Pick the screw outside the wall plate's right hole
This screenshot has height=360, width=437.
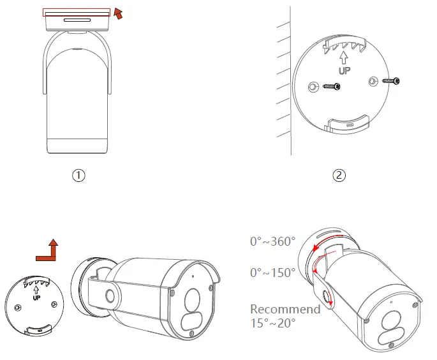(x=390, y=81)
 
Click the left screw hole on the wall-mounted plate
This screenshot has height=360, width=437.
(x=313, y=87)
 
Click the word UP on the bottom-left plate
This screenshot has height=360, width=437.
(x=36, y=297)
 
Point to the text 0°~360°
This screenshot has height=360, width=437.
(x=272, y=242)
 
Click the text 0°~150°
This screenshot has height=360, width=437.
(x=272, y=273)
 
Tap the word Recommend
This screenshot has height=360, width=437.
(x=285, y=310)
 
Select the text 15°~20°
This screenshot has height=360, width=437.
(x=272, y=323)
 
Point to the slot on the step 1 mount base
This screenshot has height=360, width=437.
(x=77, y=21)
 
